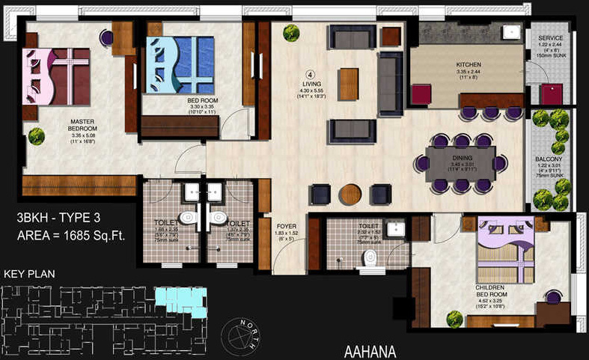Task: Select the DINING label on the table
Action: click(460, 159)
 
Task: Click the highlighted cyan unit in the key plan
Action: click(179, 300)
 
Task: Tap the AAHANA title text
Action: click(370, 351)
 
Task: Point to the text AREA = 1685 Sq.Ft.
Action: click(70, 236)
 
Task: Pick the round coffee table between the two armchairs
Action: click(350, 195)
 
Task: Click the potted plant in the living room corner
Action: click(291, 33)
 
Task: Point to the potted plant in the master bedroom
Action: click(36, 136)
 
